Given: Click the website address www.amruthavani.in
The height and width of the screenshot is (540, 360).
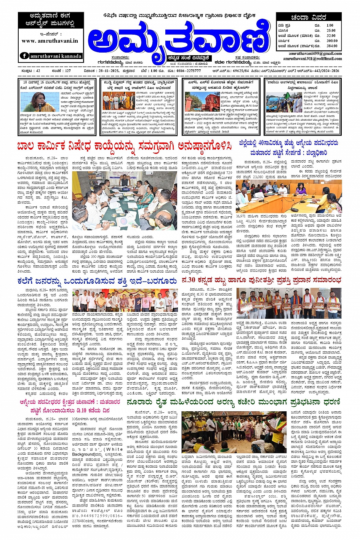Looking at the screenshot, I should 50,41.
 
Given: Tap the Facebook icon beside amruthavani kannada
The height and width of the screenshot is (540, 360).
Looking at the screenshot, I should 24,56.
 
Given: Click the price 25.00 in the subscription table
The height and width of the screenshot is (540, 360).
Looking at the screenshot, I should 331,30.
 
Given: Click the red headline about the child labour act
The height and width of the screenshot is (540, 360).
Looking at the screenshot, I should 124,146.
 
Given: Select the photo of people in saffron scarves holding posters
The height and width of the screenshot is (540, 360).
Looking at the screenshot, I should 288,304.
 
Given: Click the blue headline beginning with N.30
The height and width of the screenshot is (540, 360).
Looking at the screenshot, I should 261,280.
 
